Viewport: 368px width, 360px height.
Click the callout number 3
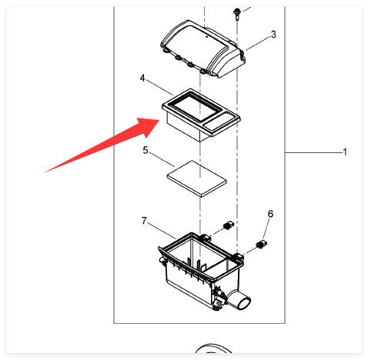(273, 34)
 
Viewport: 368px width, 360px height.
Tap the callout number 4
(142, 78)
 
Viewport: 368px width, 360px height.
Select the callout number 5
(146, 151)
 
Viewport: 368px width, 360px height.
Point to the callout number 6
(270, 214)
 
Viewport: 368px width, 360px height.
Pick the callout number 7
(144, 221)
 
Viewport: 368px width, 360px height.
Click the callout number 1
(345, 152)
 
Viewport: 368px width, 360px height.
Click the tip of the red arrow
(159, 120)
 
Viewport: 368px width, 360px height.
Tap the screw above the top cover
(236, 14)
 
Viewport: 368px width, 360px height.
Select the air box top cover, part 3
(202, 48)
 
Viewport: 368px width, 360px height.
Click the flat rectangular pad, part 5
(197, 179)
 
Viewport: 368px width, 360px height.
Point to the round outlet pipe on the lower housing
(240, 301)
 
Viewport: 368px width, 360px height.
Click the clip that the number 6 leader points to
(261, 245)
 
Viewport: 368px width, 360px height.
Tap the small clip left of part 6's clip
(229, 225)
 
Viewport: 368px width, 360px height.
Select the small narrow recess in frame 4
(219, 122)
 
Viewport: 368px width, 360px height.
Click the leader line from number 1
(314, 153)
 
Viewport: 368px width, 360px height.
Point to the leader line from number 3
(258, 43)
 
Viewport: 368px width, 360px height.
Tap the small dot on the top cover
(206, 36)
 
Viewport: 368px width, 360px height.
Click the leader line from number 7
(162, 231)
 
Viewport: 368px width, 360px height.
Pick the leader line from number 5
(162, 160)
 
